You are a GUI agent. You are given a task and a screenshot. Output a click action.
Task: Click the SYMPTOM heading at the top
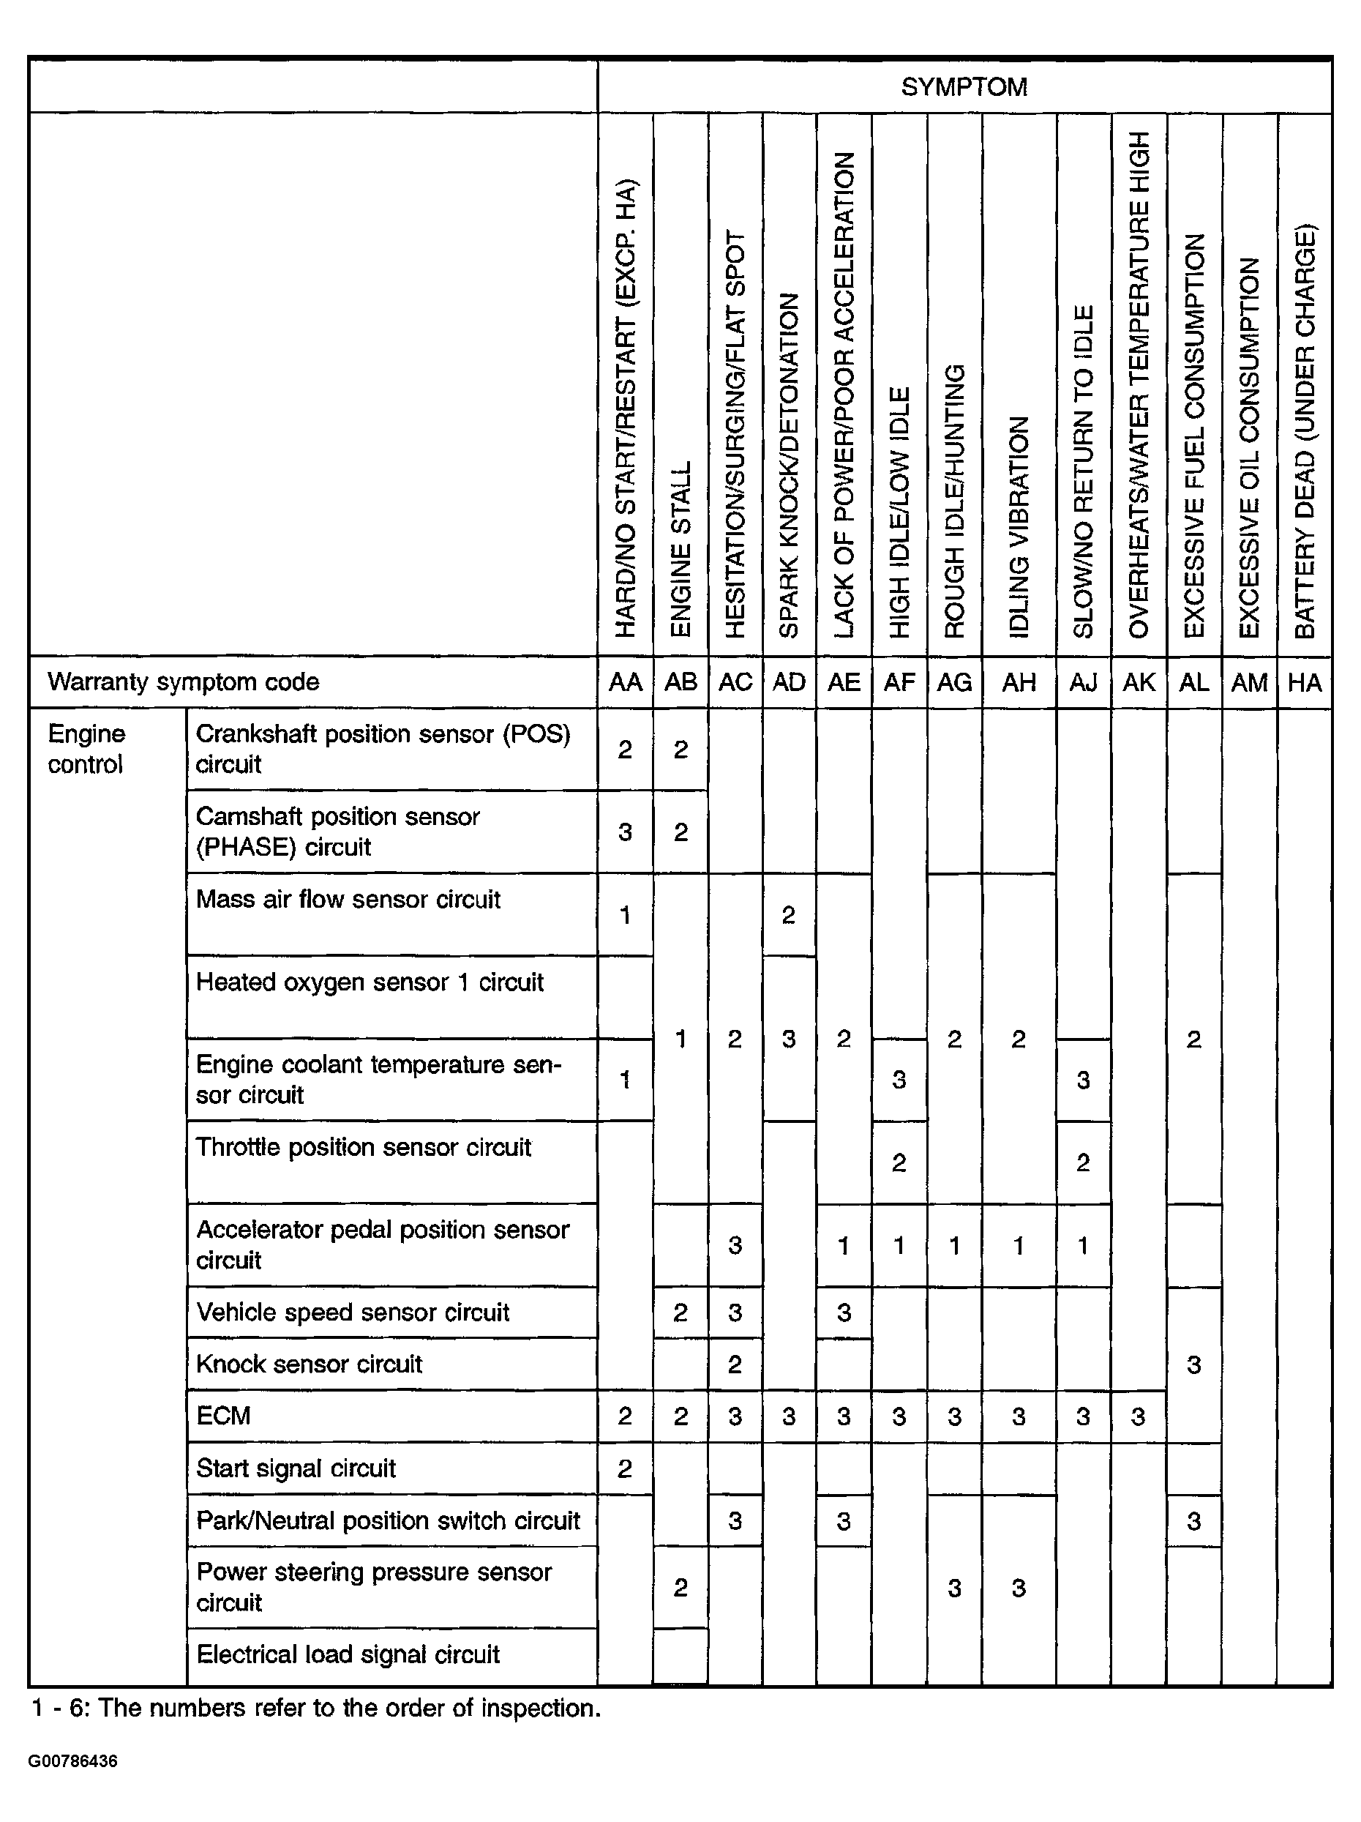point(964,87)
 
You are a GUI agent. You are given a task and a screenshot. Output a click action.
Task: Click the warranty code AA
point(625,682)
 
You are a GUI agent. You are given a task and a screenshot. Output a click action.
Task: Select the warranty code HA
point(1304,682)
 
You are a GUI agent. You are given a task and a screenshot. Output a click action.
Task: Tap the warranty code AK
point(1139,682)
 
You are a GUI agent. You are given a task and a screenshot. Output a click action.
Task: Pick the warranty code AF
point(899,682)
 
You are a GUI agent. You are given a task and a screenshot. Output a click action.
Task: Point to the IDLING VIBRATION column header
point(1019,526)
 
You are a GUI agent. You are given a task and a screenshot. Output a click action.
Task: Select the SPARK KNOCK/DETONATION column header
point(789,465)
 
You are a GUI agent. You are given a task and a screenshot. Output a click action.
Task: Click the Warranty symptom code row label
point(183,682)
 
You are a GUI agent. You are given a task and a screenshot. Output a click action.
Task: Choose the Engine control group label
point(86,749)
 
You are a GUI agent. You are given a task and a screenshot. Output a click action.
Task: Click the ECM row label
point(223,1416)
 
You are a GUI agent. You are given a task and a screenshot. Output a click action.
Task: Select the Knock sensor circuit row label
point(309,1364)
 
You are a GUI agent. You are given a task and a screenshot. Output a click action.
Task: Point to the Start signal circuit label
point(296,1468)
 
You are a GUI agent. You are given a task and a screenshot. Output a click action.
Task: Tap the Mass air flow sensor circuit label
point(348,899)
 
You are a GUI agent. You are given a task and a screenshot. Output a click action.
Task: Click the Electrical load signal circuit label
point(348,1654)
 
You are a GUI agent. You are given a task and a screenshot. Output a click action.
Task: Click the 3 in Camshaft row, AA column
point(625,832)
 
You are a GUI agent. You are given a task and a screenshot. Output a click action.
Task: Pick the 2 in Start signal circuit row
point(625,1468)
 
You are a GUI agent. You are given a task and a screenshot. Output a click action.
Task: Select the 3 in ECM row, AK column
point(1138,1416)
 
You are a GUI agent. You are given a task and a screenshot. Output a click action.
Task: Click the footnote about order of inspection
point(315,1709)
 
